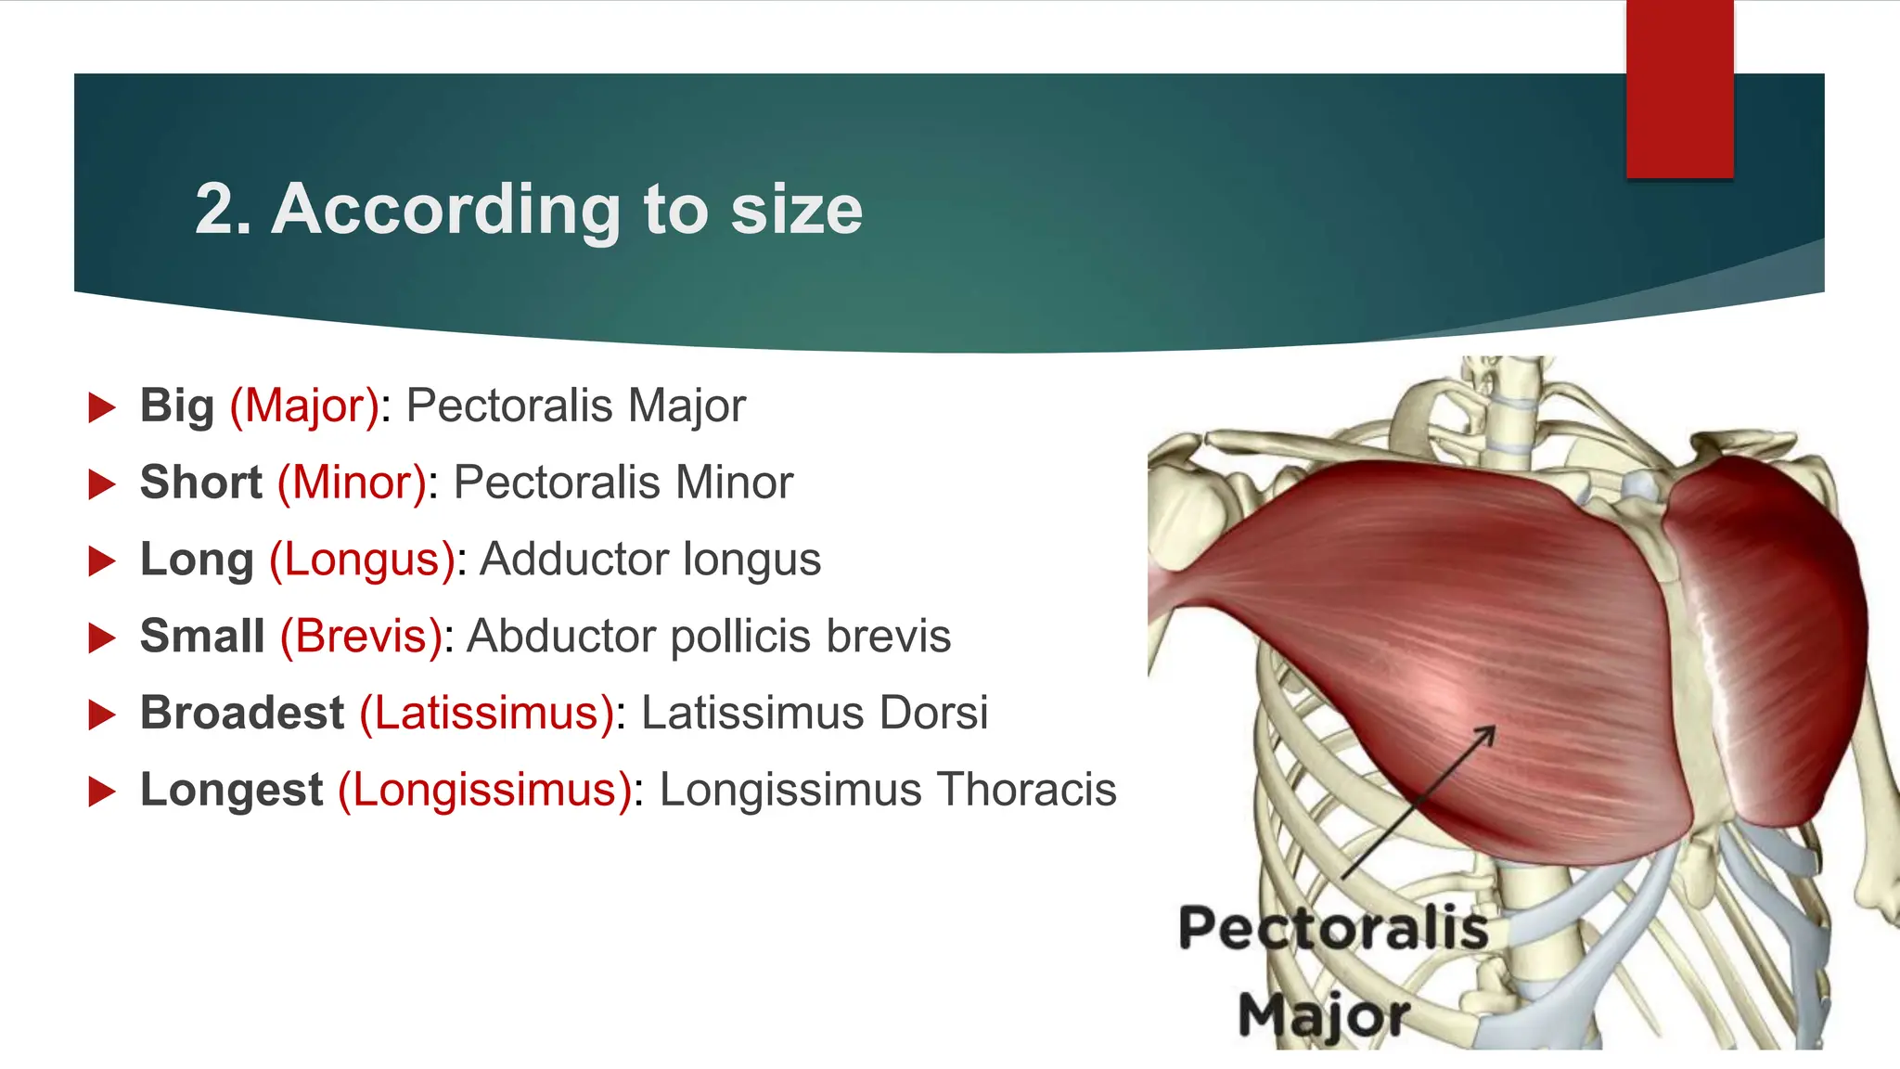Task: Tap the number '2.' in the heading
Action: click(223, 210)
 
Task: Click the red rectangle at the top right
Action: click(1679, 89)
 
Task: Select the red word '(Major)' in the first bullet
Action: click(305, 406)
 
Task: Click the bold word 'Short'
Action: click(201, 483)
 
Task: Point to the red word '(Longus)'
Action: click(363, 560)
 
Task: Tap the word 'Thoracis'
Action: click(1026, 791)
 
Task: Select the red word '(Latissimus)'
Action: click(487, 714)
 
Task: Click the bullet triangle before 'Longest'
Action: click(101, 792)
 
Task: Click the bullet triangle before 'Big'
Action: click(101, 407)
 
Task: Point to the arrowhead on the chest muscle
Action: click(1487, 733)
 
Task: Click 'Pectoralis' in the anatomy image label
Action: click(1333, 928)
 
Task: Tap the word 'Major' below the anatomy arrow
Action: click(1324, 1014)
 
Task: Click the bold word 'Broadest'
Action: click(242, 714)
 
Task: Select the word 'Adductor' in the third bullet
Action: click(574, 560)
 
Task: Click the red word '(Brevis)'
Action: click(362, 638)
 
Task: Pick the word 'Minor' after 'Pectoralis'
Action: click(734, 483)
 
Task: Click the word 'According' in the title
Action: click(446, 210)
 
